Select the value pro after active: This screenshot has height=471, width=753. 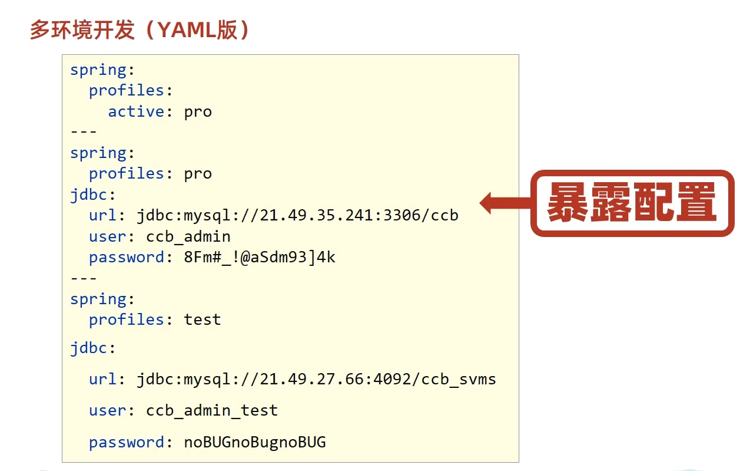click(x=198, y=111)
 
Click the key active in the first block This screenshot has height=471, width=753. click(x=136, y=111)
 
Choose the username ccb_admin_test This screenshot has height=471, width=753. click(x=212, y=410)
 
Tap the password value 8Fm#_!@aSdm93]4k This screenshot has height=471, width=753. click(x=260, y=257)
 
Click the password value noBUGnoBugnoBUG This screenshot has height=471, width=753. click(x=255, y=442)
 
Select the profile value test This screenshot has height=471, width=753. click(x=203, y=320)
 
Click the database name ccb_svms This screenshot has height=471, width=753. click(x=459, y=378)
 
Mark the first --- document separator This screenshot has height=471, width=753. click(x=84, y=131)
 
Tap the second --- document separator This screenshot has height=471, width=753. click(x=84, y=278)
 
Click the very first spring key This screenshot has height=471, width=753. click(x=98, y=70)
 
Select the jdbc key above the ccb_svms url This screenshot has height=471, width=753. click(x=89, y=348)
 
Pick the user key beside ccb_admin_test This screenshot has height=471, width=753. click(x=108, y=410)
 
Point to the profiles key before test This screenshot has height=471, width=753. click(x=126, y=320)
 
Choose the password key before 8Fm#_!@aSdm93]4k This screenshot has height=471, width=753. click(x=126, y=257)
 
